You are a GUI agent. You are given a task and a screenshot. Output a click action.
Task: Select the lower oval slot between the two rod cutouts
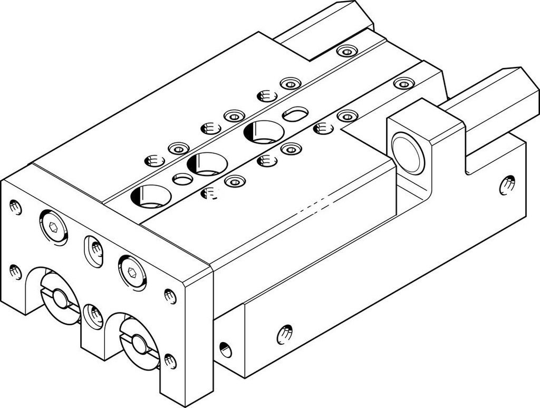tap(93, 316)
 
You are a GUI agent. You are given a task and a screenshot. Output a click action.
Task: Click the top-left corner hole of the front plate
tap(16, 207)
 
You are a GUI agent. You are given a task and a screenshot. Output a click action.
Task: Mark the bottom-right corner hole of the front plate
tap(169, 361)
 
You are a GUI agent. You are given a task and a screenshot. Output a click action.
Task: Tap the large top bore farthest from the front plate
tap(263, 132)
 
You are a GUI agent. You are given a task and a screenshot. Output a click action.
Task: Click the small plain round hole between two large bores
tap(182, 179)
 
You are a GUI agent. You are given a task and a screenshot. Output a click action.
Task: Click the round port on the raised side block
tap(408, 153)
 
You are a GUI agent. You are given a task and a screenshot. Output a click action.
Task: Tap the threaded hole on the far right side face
tap(507, 184)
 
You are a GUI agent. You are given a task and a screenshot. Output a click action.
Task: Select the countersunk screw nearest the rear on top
tap(346, 51)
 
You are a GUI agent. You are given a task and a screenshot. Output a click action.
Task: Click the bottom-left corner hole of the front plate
tap(16, 272)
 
